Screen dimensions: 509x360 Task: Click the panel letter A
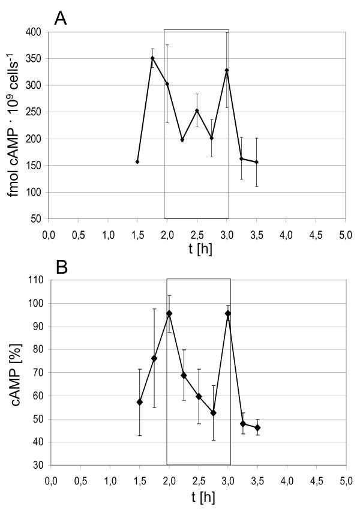(x=60, y=18)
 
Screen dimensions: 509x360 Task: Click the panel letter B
(x=60, y=266)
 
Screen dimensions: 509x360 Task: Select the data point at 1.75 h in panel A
(x=152, y=58)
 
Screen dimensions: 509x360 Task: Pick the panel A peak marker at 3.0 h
(x=227, y=70)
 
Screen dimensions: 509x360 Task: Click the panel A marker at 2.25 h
(x=182, y=140)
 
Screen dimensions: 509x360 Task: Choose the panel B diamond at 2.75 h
(x=214, y=413)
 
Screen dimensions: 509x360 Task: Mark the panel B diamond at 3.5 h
(x=257, y=428)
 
